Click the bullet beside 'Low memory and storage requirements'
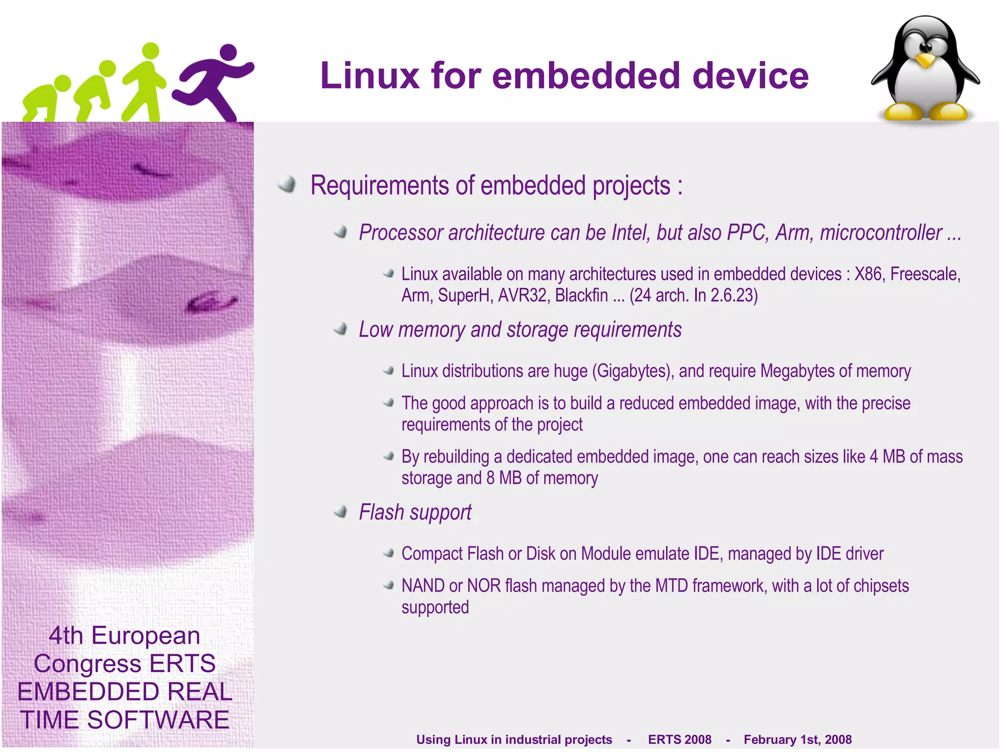click(x=340, y=329)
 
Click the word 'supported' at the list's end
click(x=435, y=607)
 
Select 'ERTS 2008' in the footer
click(x=679, y=739)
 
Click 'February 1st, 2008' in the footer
click(x=797, y=739)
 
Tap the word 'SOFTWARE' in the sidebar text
click(x=158, y=720)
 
